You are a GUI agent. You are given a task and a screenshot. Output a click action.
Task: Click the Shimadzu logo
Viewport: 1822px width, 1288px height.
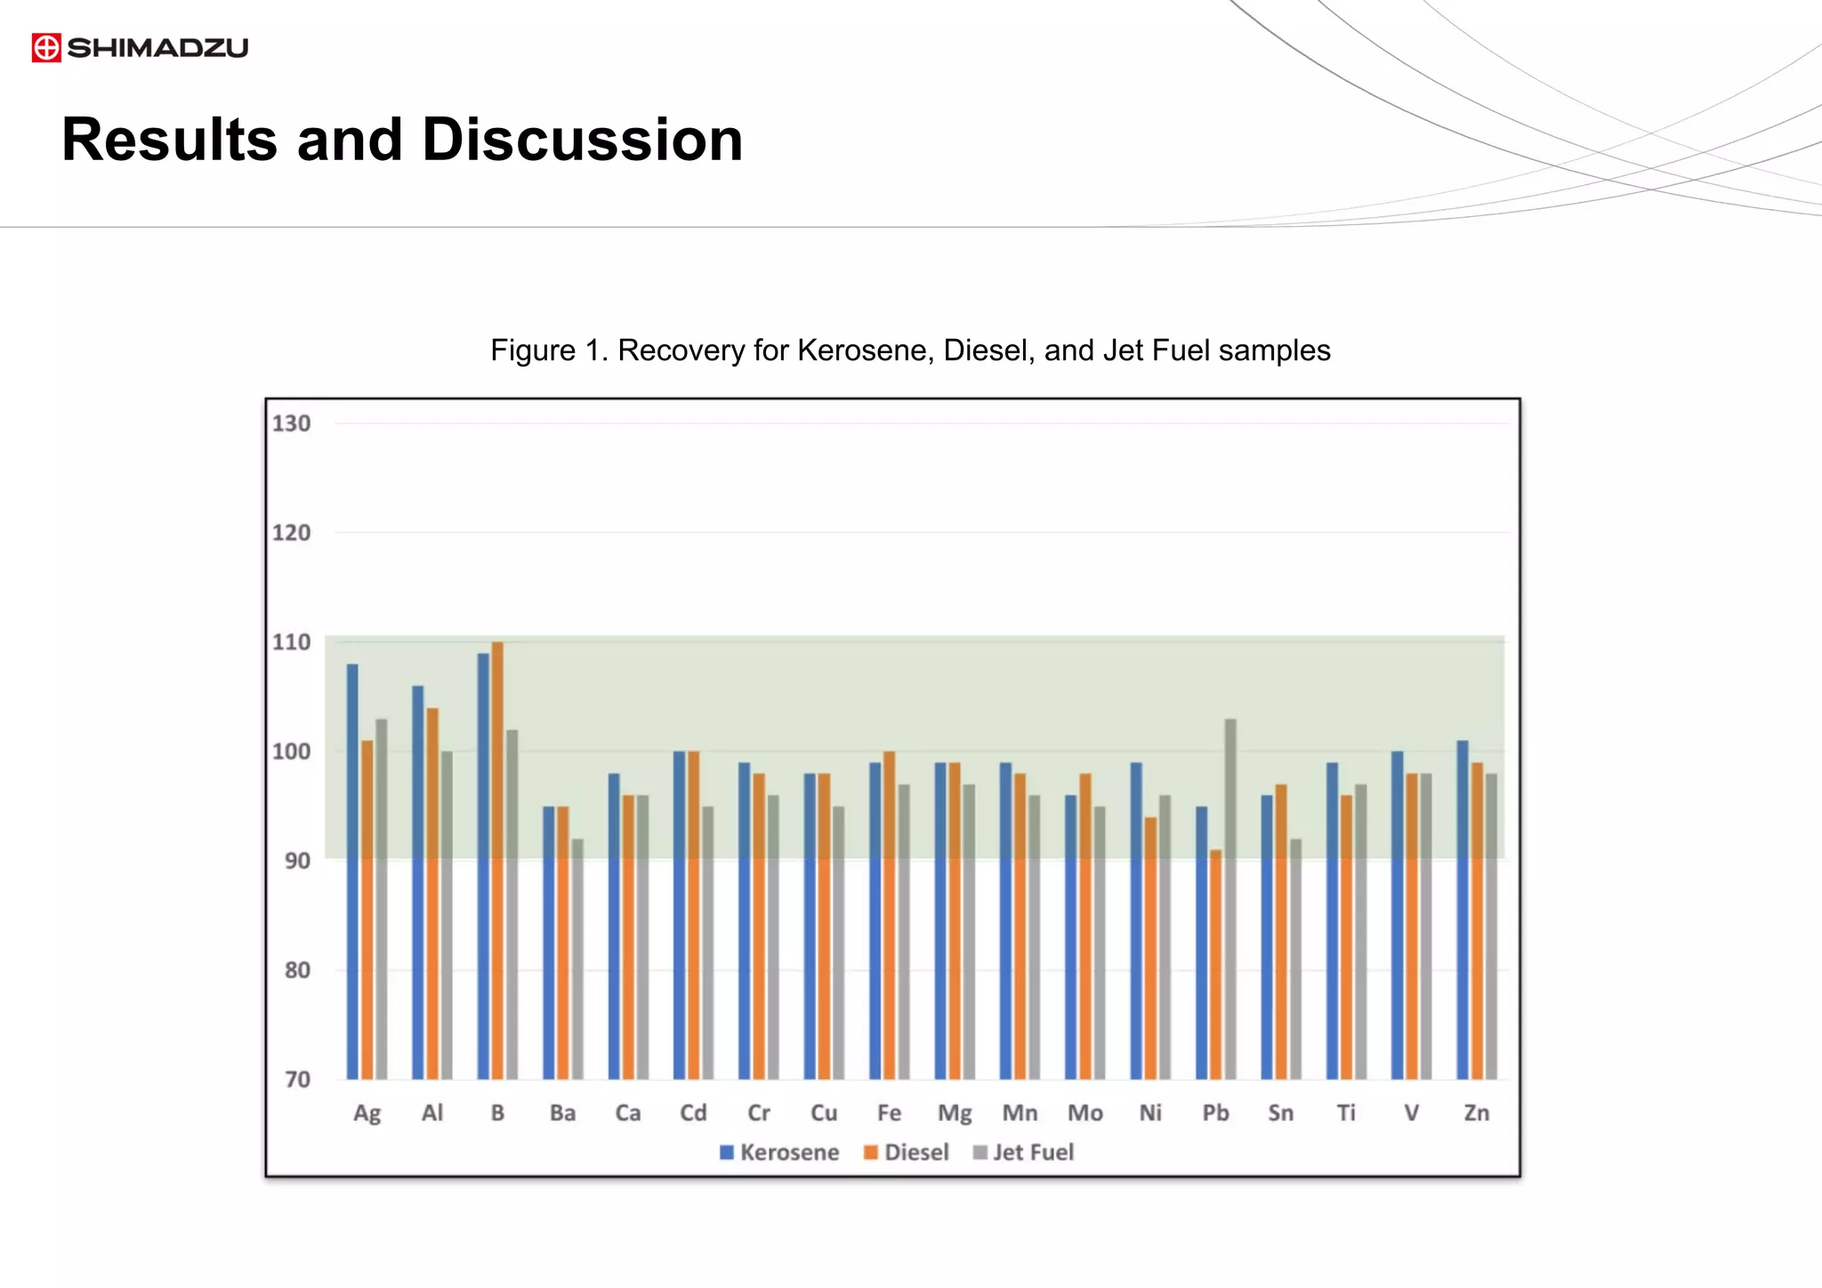(x=140, y=47)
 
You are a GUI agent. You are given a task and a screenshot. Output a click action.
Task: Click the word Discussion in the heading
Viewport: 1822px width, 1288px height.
(x=582, y=140)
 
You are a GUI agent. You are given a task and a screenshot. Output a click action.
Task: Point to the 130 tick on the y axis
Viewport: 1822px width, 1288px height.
(x=291, y=423)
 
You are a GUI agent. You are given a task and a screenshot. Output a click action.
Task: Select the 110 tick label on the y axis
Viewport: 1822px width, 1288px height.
(x=291, y=642)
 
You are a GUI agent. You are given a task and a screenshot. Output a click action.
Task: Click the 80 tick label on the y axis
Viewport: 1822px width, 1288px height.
(x=297, y=970)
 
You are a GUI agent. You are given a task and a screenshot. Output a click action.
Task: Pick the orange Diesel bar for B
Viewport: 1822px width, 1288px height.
(x=497, y=860)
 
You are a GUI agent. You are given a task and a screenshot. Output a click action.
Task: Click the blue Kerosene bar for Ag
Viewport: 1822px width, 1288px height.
(x=352, y=872)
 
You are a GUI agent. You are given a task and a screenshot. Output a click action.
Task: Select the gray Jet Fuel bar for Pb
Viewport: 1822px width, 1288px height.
(x=1230, y=898)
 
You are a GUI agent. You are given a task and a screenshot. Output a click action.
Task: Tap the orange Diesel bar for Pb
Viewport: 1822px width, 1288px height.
(x=1216, y=964)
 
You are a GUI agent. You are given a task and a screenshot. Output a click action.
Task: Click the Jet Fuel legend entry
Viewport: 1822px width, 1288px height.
(x=1024, y=1153)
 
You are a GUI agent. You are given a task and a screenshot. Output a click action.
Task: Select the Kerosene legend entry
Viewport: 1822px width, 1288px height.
(x=779, y=1153)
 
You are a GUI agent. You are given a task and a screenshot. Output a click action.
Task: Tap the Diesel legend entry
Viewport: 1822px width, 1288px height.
(x=907, y=1153)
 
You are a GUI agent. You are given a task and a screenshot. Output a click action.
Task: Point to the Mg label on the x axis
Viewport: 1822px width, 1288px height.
(x=955, y=1114)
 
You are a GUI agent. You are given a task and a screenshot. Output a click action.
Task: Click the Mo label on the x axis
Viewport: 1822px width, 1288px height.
(x=1085, y=1114)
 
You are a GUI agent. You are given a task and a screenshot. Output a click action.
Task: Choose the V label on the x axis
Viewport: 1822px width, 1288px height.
(x=1411, y=1114)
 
